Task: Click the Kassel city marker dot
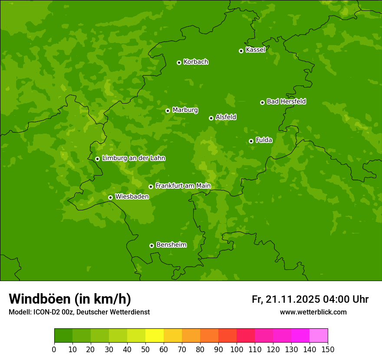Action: point(241,51)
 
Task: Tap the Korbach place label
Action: point(196,62)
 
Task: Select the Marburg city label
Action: point(185,110)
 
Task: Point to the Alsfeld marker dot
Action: point(211,118)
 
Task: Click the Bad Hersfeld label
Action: point(286,101)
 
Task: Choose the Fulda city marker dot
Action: point(251,141)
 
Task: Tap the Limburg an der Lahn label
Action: point(133,158)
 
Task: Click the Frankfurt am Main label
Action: point(183,186)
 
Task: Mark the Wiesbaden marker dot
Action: point(110,197)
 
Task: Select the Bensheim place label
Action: point(171,245)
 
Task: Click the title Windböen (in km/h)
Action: point(69,299)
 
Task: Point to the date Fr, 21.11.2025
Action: point(286,299)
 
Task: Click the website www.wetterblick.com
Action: point(313,312)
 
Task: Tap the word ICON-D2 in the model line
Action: point(46,312)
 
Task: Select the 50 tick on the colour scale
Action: point(145,349)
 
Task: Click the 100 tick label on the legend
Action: point(237,349)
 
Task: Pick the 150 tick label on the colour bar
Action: point(328,349)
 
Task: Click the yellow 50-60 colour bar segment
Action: point(155,336)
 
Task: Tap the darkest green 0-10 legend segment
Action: point(63,336)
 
